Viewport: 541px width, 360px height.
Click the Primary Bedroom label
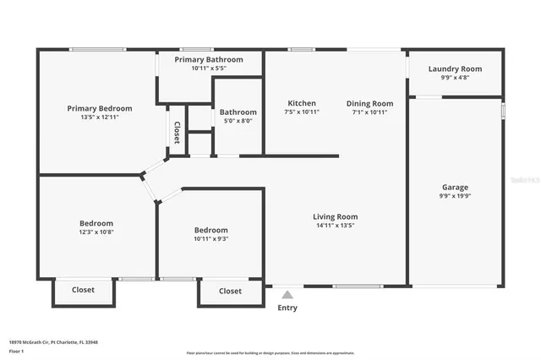click(100, 108)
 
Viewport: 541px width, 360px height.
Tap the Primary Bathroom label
click(209, 60)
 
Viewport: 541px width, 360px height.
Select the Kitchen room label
click(301, 103)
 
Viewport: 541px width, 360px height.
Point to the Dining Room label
click(369, 103)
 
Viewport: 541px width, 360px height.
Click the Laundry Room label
click(455, 69)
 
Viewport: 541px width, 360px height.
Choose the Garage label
click(455, 188)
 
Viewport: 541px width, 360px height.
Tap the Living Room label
click(336, 216)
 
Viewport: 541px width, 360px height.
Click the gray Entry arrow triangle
click(287, 295)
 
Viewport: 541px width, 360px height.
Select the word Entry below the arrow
click(287, 308)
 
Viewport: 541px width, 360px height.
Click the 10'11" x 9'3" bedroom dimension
click(211, 238)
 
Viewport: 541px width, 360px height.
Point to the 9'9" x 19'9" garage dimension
click(455, 196)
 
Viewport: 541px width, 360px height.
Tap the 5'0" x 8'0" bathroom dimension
click(238, 121)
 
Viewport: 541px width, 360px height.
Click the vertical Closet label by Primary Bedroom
click(177, 132)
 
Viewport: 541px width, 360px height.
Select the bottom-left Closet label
click(83, 290)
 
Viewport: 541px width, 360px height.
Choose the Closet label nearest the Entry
click(230, 291)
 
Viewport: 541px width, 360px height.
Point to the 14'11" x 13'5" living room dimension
click(336, 225)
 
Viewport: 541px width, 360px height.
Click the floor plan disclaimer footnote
click(270, 352)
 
